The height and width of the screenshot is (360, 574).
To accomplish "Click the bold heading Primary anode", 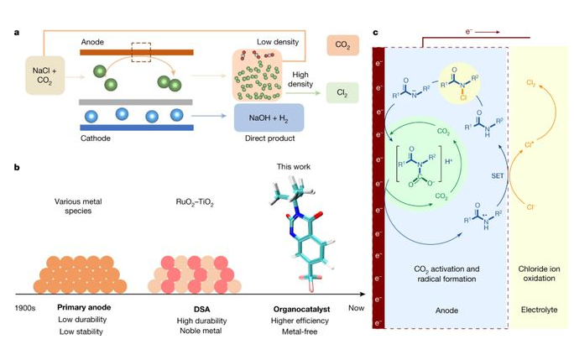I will click(x=84, y=307).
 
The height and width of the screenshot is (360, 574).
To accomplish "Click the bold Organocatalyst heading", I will click(x=300, y=307).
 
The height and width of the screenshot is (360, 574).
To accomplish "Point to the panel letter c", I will click(x=374, y=33).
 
